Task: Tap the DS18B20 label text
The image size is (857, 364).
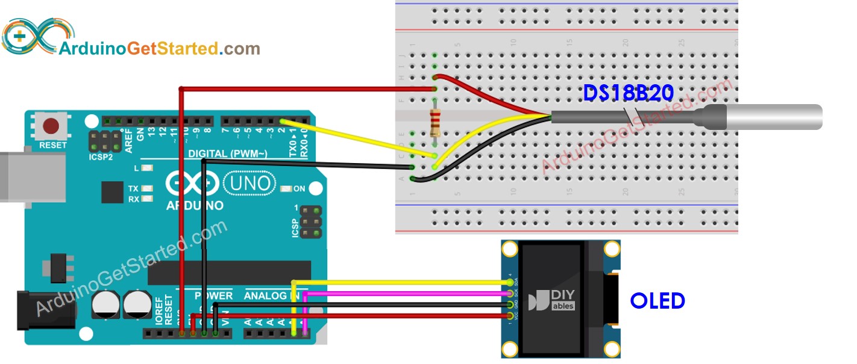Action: click(x=627, y=93)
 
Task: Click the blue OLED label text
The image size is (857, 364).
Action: click(x=658, y=300)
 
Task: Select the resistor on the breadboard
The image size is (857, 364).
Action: click(x=435, y=123)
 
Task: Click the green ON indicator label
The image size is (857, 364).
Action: click(x=298, y=189)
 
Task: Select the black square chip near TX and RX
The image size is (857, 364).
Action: click(x=113, y=193)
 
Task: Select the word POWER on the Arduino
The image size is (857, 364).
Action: click(x=213, y=295)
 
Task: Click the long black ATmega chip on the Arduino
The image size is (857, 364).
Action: click(x=229, y=273)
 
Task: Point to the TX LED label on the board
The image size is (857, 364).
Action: click(x=133, y=188)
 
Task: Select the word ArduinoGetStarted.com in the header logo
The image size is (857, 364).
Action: click(x=159, y=49)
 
